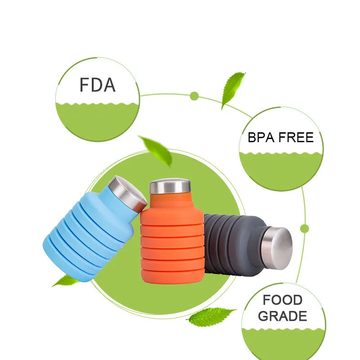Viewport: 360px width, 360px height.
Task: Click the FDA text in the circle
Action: coord(97,85)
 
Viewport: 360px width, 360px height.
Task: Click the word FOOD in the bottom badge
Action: coord(283,300)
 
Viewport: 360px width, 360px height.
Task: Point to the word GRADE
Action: coord(283,316)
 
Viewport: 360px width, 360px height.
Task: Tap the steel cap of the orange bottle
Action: coord(169,186)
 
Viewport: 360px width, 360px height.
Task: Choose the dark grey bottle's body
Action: coord(229,243)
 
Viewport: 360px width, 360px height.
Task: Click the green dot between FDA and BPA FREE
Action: coord(194,96)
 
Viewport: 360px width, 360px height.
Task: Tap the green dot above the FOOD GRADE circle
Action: coord(305,228)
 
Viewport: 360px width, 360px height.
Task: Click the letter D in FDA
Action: coord(97,85)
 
